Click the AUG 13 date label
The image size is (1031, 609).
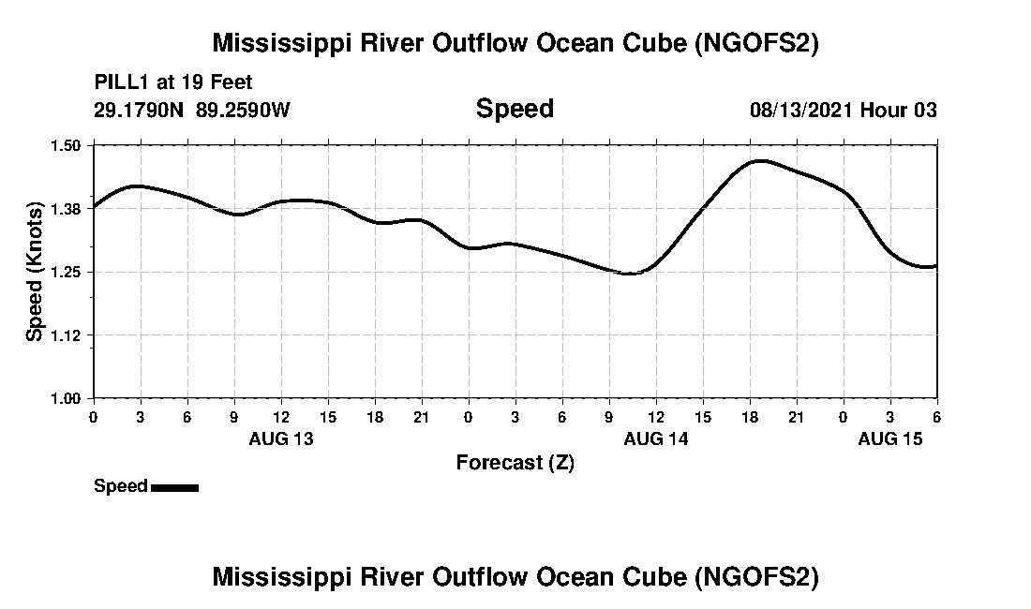point(281,438)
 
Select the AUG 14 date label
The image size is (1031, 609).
point(656,438)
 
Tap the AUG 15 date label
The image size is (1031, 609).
point(890,438)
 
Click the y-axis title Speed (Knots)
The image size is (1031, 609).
point(35,272)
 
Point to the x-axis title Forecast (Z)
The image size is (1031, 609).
point(515,463)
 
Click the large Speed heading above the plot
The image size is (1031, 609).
point(515,109)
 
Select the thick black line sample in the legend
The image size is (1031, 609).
point(174,487)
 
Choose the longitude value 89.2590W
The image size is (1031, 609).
point(244,110)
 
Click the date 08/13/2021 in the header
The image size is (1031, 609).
point(800,110)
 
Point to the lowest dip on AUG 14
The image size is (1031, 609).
point(630,274)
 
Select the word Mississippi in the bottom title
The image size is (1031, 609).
point(285,576)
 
